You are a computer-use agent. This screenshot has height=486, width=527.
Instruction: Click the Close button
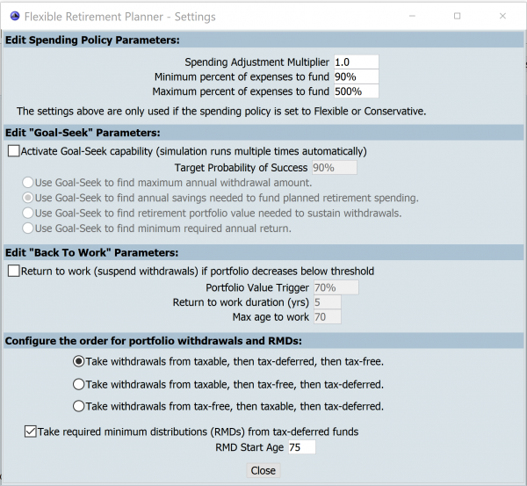(x=263, y=470)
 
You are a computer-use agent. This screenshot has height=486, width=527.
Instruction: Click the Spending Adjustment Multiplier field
(x=355, y=62)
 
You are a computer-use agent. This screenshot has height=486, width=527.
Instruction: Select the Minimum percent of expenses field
(x=355, y=77)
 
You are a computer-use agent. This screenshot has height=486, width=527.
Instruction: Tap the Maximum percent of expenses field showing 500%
(x=355, y=91)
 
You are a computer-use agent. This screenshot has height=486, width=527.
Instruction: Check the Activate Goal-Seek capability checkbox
(x=13, y=151)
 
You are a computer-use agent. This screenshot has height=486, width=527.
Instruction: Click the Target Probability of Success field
(x=334, y=167)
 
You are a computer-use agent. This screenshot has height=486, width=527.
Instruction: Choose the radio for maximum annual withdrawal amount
(x=27, y=183)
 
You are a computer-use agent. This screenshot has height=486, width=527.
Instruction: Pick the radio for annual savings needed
(x=27, y=198)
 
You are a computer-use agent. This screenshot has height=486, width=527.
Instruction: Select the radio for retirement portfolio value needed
(x=27, y=213)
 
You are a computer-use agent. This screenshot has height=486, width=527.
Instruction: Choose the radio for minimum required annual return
(x=27, y=228)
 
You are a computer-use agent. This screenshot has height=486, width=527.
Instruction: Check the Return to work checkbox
(x=13, y=271)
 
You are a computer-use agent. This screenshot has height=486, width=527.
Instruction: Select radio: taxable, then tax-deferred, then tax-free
(x=79, y=361)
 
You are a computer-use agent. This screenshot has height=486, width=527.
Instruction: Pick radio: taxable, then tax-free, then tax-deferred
(x=79, y=384)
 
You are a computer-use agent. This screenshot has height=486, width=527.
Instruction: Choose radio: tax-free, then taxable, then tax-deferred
(x=79, y=406)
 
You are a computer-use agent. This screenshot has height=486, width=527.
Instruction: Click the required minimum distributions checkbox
(x=31, y=432)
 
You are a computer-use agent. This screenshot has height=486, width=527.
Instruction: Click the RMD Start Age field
(x=300, y=447)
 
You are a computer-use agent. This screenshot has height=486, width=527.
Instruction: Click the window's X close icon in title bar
(x=501, y=16)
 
